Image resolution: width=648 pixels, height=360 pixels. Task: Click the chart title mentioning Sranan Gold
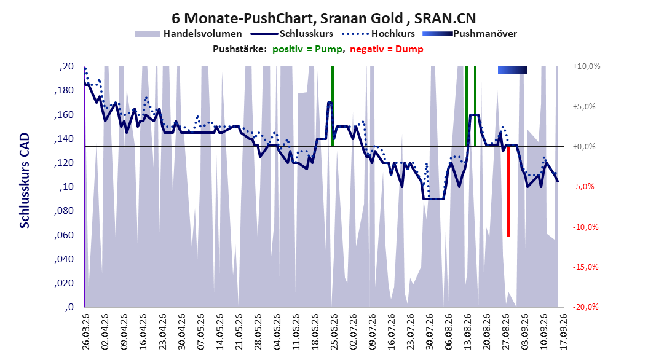tap(323, 18)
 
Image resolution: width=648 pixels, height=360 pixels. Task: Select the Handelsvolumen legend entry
tap(188, 34)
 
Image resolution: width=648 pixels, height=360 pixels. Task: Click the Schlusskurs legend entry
tap(292, 34)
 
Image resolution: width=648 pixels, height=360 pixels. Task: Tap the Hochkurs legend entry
tap(378, 34)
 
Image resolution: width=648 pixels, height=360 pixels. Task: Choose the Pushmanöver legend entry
tap(470, 34)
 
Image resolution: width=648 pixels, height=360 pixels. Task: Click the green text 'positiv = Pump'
tap(307, 49)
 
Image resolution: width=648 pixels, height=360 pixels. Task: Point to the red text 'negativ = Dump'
tap(387, 49)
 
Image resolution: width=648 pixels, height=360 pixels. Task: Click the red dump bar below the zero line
tap(508, 192)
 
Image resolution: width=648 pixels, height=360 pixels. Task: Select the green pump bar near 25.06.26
tap(332, 106)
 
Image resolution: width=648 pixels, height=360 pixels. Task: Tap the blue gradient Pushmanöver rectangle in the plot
tap(513, 71)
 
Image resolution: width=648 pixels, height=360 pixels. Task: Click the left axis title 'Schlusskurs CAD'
tap(25, 181)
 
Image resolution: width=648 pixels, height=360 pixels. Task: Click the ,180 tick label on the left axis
tap(64, 90)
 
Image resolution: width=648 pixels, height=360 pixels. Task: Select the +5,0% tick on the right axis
tap(584, 106)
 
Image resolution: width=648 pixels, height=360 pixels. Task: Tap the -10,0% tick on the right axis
tap(585, 227)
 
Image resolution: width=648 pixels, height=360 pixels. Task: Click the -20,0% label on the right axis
tap(585, 307)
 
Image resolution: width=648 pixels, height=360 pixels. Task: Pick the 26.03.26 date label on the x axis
tap(85, 332)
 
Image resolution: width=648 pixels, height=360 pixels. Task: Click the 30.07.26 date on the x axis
tap(429, 332)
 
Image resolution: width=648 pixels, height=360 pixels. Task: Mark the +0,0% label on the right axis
tap(584, 147)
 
